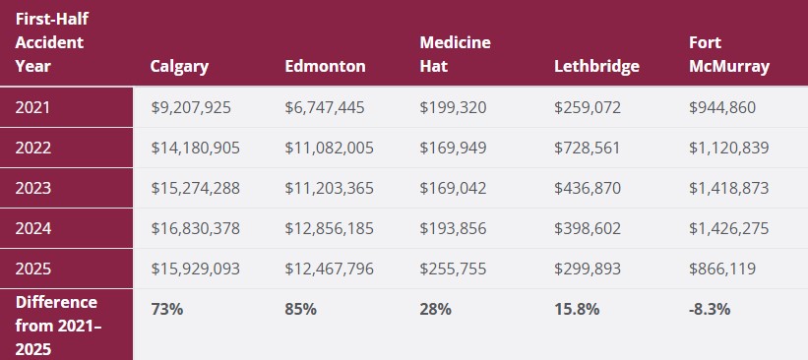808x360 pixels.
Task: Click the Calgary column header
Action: click(179, 67)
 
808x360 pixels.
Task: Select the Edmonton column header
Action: click(325, 67)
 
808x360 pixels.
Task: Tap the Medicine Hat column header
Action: click(455, 54)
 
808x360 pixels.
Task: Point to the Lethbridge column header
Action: click(596, 67)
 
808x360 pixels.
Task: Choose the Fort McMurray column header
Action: click(729, 54)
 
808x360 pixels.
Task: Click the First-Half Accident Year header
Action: click(49, 43)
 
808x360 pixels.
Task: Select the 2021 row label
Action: click(32, 107)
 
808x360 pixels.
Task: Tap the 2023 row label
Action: click(32, 188)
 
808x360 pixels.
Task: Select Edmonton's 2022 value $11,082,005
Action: click(330, 148)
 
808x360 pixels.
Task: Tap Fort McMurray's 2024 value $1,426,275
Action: click(728, 228)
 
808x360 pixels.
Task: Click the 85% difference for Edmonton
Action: click(300, 309)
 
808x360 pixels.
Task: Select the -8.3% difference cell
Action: click(710, 309)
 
